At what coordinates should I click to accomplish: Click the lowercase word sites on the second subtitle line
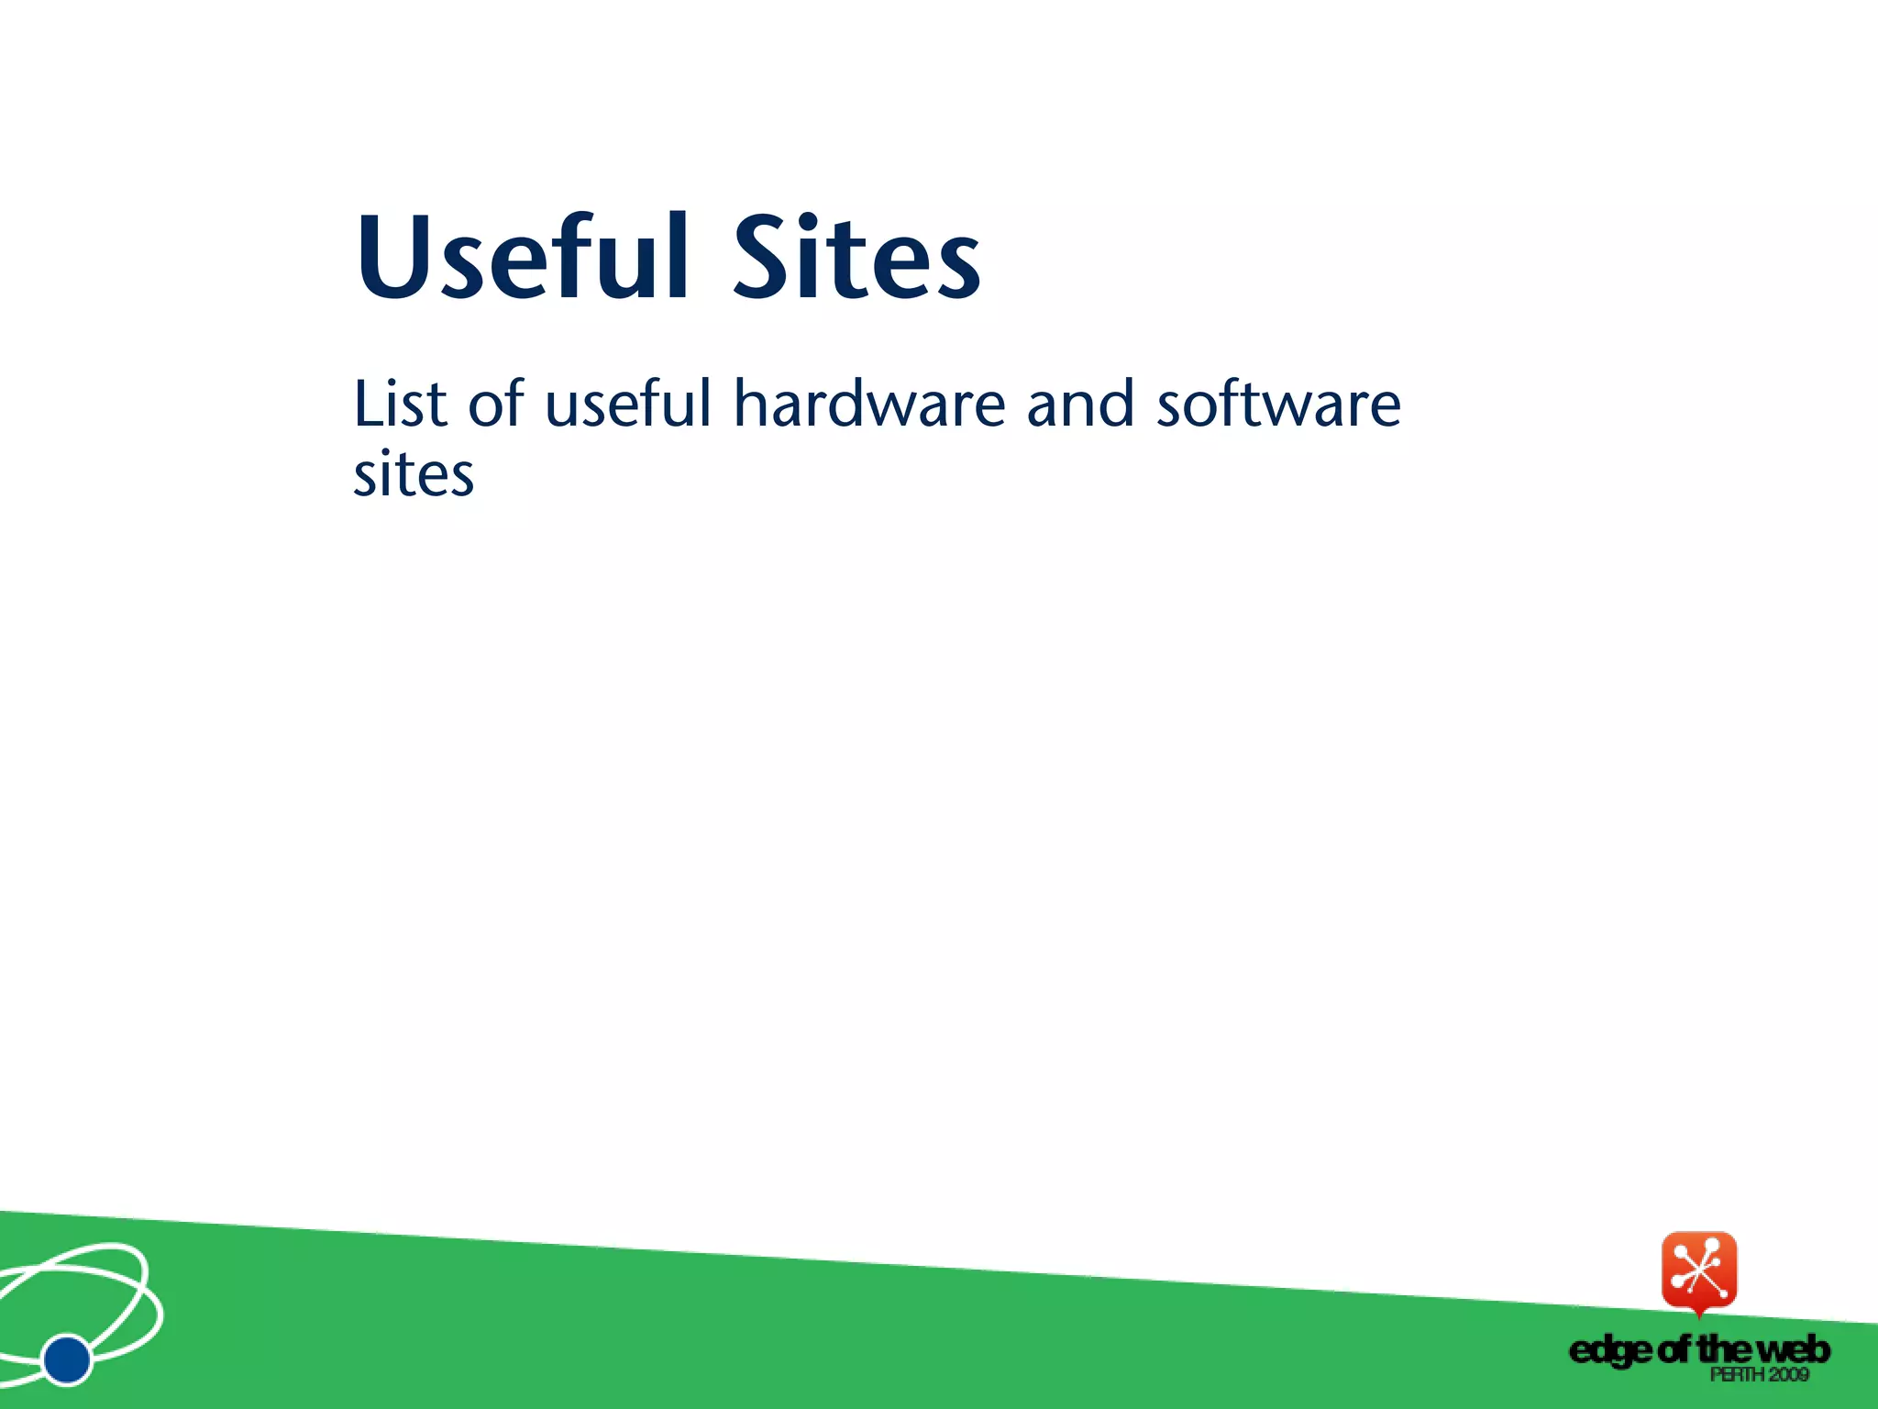[414, 475]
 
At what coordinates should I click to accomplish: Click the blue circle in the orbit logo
[67, 1359]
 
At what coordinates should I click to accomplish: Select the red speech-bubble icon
[1699, 1272]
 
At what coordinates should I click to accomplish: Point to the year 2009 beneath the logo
[1788, 1374]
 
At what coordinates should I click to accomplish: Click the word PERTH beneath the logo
[1737, 1374]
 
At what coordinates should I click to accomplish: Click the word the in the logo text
[1725, 1349]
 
